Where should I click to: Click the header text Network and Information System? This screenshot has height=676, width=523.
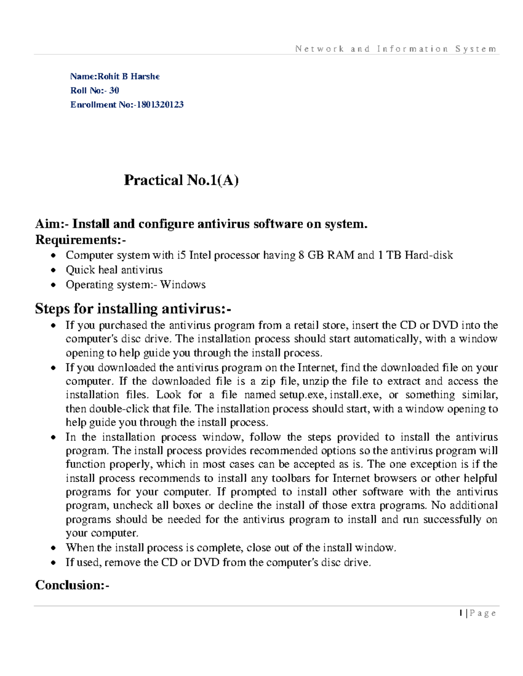click(395, 49)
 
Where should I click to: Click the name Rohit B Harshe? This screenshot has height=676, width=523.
click(129, 77)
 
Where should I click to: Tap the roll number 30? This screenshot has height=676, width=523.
click(114, 91)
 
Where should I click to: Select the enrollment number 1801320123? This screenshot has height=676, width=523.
click(160, 104)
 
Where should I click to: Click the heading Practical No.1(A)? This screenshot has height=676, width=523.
click(181, 180)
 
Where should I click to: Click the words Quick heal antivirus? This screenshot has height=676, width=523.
click(114, 270)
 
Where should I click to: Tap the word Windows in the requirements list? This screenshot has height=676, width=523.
click(183, 285)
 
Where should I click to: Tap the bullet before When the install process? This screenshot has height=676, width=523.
click(53, 548)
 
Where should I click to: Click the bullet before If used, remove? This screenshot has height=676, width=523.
click(53, 563)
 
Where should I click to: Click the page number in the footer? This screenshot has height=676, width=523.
click(461, 613)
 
